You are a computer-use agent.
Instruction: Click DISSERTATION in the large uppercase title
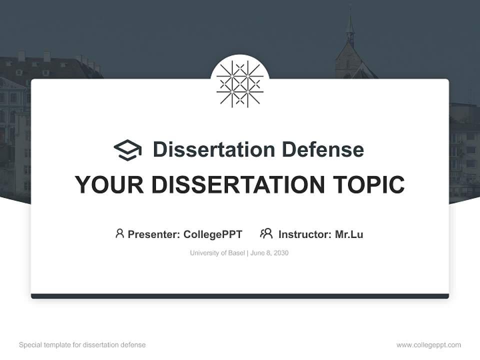click(x=237, y=185)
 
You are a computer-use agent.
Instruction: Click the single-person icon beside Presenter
click(x=119, y=233)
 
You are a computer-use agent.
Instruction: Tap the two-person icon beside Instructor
click(x=266, y=233)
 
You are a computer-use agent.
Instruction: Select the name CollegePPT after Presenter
click(x=212, y=234)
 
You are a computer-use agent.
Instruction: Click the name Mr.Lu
click(x=349, y=234)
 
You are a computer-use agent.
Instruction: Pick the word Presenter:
click(x=154, y=234)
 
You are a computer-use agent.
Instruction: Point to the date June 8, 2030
click(x=269, y=253)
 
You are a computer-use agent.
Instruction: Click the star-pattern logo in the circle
click(x=240, y=83)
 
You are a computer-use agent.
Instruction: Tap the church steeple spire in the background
click(x=350, y=25)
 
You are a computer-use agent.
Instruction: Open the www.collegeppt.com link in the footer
click(x=428, y=345)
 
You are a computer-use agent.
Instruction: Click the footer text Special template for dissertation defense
click(x=82, y=345)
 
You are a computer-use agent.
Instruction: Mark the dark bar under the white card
click(x=240, y=296)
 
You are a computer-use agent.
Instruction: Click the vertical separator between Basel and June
click(x=247, y=253)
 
